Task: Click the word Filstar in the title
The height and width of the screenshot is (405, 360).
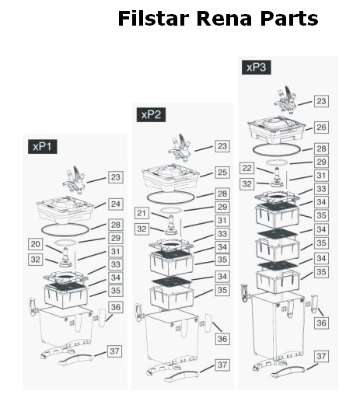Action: [x=153, y=19]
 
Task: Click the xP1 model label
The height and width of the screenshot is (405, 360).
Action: [x=43, y=147]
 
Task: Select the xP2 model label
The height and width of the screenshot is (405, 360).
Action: [x=151, y=114]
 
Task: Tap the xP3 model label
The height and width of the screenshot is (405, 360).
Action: [x=257, y=68]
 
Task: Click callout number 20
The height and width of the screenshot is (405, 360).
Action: [x=35, y=244]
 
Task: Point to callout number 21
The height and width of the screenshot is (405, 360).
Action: [x=142, y=213]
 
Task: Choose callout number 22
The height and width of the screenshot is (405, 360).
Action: [x=246, y=168]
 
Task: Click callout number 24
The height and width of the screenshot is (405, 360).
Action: [x=115, y=204]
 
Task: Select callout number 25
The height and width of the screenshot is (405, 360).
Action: [x=222, y=173]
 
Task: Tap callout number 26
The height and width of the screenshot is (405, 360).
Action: [x=321, y=127]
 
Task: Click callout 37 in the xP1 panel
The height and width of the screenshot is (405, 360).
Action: [x=114, y=351]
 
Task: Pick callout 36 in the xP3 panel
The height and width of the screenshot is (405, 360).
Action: [x=321, y=323]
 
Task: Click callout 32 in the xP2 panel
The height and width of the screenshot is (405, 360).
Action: [x=142, y=229]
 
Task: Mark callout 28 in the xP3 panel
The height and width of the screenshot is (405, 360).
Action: [x=321, y=148]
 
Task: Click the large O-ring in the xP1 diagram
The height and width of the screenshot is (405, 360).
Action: [x=66, y=236]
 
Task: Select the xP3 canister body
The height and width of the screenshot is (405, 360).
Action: [x=277, y=327]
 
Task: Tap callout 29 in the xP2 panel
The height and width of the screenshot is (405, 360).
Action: [x=222, y=207]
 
